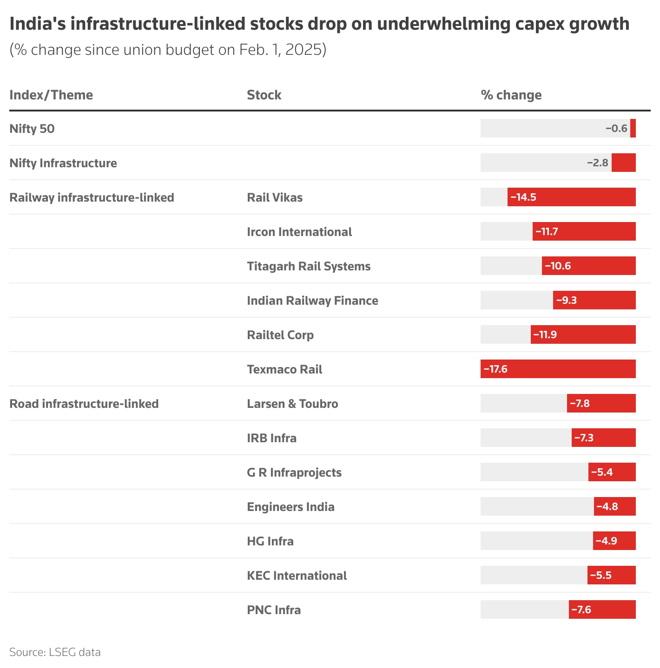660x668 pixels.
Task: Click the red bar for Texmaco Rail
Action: click(558, 369)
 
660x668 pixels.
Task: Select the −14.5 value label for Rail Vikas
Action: click(523, 197)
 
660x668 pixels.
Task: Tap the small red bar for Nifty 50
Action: click(633, 128)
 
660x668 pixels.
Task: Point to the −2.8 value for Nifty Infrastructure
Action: click(597, 163)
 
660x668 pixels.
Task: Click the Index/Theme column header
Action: click(51, 95)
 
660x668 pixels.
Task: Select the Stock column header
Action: click(264, 95)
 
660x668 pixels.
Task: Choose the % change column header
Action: click(511, 95)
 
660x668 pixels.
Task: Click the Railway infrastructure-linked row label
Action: click(92, 197)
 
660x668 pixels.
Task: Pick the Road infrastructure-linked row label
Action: click(84, 404)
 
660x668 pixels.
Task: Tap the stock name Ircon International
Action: click(299, 232)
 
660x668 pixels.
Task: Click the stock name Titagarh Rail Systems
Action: click(309, 266)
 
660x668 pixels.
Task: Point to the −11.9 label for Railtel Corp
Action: click(545, 334)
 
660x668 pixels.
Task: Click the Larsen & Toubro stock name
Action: click(292, 404)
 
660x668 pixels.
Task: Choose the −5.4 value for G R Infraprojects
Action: click(602, 472)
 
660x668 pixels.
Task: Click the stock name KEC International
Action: click(297, 576)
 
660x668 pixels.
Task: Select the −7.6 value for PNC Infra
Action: click(581, 609)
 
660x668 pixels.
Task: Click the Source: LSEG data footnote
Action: click(55, 652)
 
